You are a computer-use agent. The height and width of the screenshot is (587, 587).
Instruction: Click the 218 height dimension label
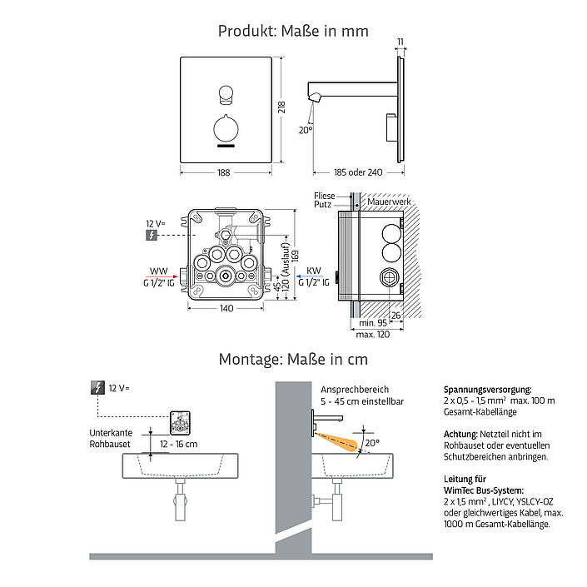point(282,107)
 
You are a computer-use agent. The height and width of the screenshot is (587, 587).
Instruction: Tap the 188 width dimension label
point(223,172)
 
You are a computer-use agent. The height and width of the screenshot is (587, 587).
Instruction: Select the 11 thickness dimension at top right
point(400,42)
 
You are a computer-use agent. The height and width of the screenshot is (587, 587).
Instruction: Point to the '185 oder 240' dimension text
point(358,172)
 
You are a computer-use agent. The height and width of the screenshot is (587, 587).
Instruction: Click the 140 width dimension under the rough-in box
point(226,308)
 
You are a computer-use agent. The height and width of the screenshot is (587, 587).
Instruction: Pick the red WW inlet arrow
point(162,276)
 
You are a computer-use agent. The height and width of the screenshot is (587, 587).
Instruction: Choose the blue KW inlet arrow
point(310,276)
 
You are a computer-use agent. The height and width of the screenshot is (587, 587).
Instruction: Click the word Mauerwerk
point(389,201)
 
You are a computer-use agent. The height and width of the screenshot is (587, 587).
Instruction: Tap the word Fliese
point(325,196)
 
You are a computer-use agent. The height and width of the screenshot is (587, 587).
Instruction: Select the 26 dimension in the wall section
point(395,316)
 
